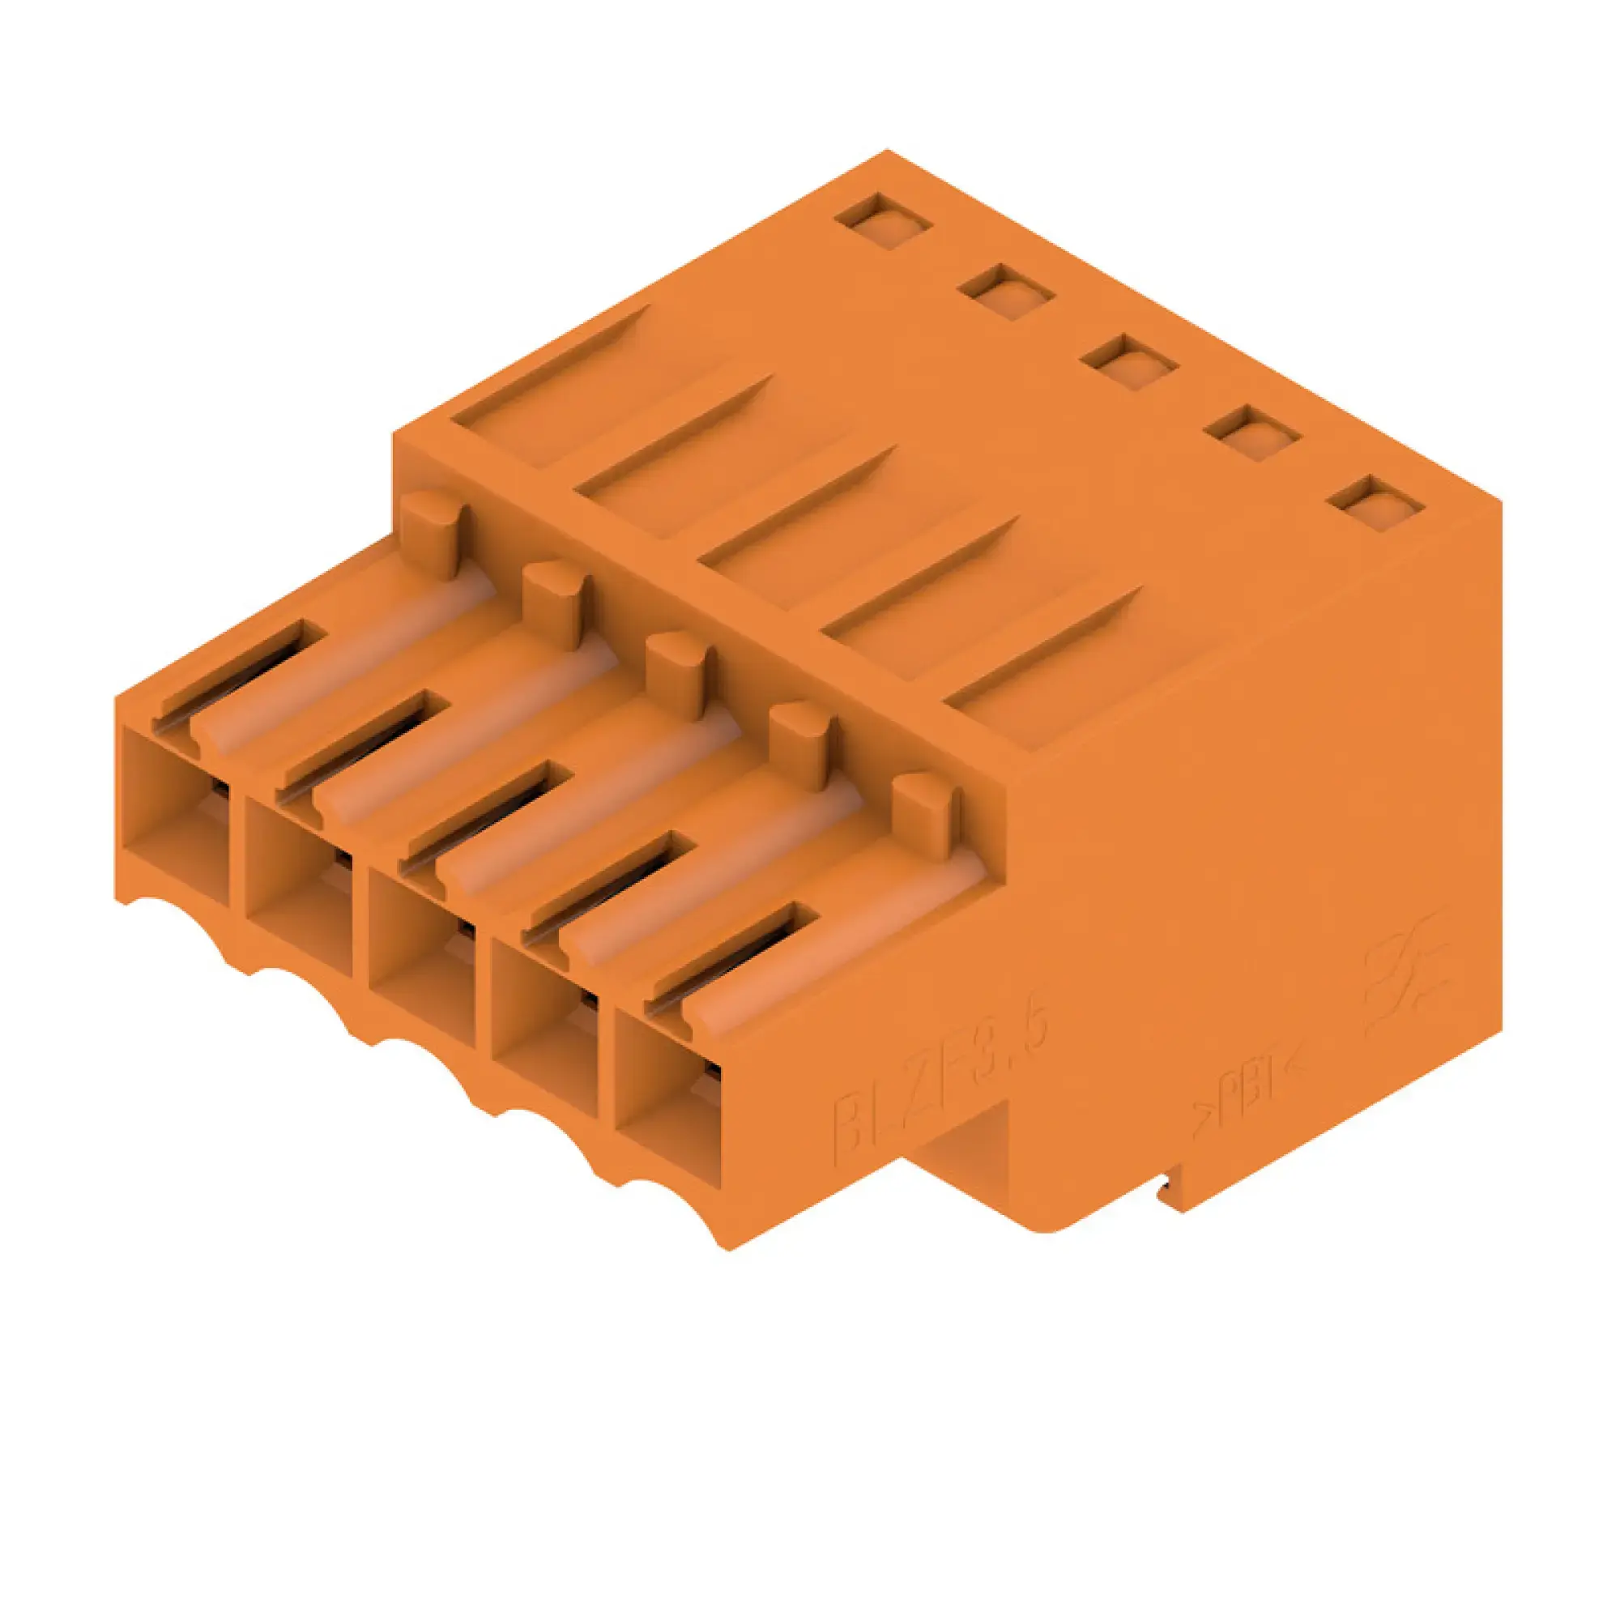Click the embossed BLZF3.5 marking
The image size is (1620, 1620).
point(939,1090)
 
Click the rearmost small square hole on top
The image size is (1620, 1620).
point(884,220)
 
